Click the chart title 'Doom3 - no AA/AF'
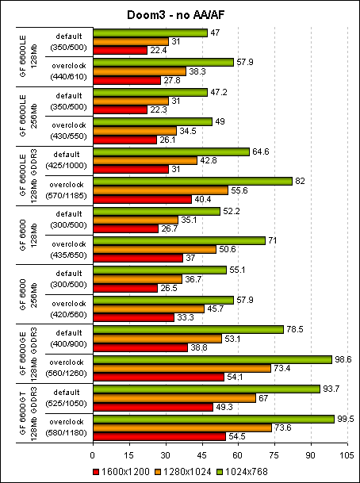coord(180,15)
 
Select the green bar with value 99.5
coord(213,419)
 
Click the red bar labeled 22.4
coord(121,50)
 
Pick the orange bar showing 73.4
coord(182,368)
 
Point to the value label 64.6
coord(262,151)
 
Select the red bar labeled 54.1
coord(158,377)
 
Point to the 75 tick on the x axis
coord(274,456)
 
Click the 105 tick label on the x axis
coord(346,456)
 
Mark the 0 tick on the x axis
coord(94,456)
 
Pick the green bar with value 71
coord(179,240)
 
